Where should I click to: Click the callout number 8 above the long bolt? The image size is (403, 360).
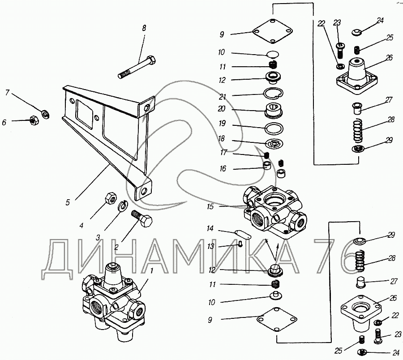pos(144,28)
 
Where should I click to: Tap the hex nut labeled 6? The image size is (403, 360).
pos(33,120)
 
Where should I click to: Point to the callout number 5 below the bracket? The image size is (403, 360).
pos(68,202)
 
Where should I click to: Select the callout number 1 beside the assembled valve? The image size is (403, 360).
pos(151,270)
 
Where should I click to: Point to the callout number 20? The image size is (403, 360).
pos(222,109)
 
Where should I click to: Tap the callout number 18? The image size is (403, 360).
pos(222,139)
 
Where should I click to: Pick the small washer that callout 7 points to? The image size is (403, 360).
pos(44,114)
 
